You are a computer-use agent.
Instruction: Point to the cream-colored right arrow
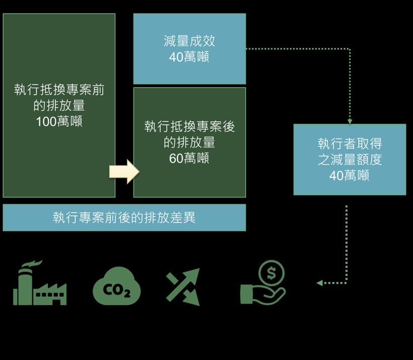(124, 172)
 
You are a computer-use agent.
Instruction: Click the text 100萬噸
(59, 121)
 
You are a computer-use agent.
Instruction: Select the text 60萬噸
(189, 158)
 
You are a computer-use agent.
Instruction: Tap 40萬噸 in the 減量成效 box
(189, 57)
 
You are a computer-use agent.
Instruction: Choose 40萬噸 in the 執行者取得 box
(350, 175)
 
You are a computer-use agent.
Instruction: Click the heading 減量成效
(189, 41)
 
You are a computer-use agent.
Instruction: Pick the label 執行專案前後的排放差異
(124, 218)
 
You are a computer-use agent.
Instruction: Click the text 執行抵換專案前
(59, 90)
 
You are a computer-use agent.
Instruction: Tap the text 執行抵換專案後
(189, 126)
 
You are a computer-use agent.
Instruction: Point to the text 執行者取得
(350, 143)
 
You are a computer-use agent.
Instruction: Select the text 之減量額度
(350, 160)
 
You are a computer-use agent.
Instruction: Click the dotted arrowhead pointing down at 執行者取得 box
(350, 121)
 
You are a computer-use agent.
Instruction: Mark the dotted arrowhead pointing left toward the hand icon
(319, 283)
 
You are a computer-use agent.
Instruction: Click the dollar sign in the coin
(272, 273)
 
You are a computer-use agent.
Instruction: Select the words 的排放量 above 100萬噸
(59, 106)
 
